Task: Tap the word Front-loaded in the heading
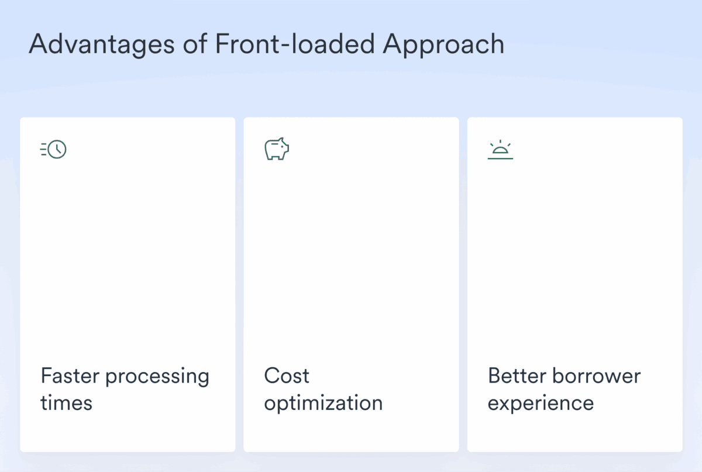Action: pos(295,44)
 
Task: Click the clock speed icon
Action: pos(54,149)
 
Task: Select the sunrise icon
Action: pos(500,150)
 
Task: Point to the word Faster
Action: pos(70,375)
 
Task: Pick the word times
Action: pos(66,403)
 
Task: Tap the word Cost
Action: pos(287,375)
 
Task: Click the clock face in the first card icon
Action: pos(57,149)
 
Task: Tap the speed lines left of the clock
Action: pos(43,149)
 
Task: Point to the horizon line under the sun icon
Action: pos(500,159)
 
